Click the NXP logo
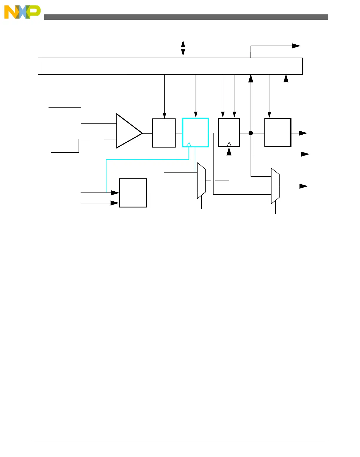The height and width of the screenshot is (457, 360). (22, 12)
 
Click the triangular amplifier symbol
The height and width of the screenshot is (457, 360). (128, 131)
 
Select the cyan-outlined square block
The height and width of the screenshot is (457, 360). (195, 132)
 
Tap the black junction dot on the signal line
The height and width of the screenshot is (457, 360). (251, 133)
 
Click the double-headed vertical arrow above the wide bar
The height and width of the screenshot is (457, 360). (183, 48)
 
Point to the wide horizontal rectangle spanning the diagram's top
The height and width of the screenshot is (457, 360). (170, 66)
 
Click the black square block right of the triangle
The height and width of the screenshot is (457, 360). (164, 133)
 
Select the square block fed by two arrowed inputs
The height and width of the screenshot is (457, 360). (133, 193)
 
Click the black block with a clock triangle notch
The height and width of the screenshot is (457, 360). (229, 132)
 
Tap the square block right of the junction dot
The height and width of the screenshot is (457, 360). (278, 132)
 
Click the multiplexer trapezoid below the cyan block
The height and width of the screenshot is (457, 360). (201, 180)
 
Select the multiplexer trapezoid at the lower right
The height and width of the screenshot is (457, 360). (275, 186)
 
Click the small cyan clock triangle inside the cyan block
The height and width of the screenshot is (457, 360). (189, 145)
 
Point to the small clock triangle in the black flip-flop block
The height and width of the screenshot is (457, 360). (229, 144)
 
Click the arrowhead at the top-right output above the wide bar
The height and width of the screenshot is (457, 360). (296, 46)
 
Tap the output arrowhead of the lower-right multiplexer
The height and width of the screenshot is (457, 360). (304, 186)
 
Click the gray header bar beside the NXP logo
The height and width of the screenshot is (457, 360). (186, 17)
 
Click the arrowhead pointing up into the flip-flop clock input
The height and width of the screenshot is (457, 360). (229, 151)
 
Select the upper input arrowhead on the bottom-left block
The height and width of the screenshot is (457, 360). (115, 193)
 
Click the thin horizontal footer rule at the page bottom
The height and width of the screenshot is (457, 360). (180, 440)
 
